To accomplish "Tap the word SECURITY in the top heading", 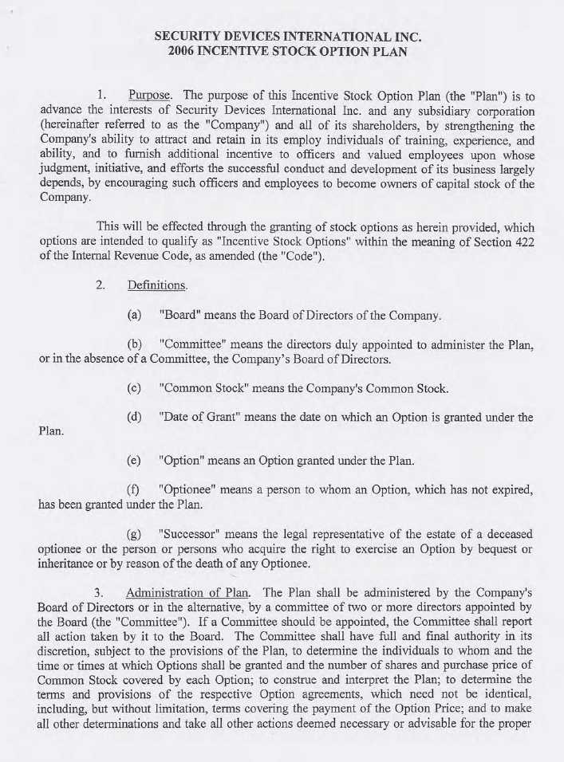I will coord(184,37).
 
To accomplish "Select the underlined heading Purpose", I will coord(150,93).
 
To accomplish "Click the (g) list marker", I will coord(134,532).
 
